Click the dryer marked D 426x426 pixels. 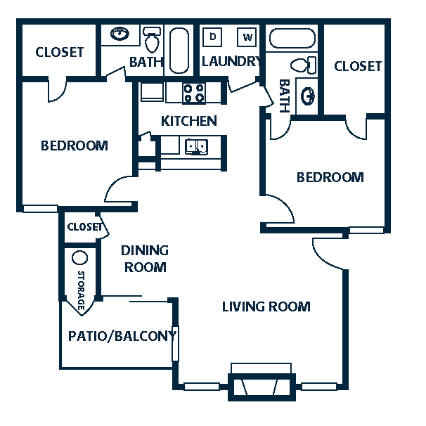pyautogui.click(x=212, y=37)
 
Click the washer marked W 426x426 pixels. pyautogui.click(x=247, y=37)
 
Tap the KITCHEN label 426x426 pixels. pyautogui.click(x=189, y=121)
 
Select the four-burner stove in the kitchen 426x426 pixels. pyautogui.click(x=194, y=93)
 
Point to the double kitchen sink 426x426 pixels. pyautogui.click(x=196, y=147)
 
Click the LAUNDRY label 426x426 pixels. pyautogui.click(x=231, y=61)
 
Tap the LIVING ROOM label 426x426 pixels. pyautogui.click(x=266, y=306)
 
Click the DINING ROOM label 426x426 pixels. pyautogui.click(x=145, y=259)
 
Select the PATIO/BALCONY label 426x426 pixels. pyautogui.click(x=122, y=336)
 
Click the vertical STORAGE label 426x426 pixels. pyautogui.click(x=81, y=291)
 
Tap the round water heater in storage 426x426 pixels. pyautogui.click(x=79, y=257)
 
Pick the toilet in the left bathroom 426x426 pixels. pyautogui.click(x=152, y=39)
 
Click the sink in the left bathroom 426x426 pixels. pyautogui.click(x=120, y=34)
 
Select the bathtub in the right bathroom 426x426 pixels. pyautogui.click(x=292, y=38)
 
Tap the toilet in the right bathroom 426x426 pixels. pyautogui.click(x=304, y=65)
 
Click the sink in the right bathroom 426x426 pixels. pyautogui.click(x=308, y=96)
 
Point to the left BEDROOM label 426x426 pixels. pyautogui.click(x=75, y=146)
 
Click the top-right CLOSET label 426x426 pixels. pyautogui.click(x=358, y=66)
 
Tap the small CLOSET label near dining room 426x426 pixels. pyautogui.click(x=85, y=227)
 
